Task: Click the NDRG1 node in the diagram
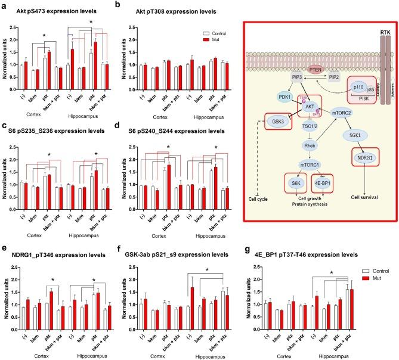tap(360, 159)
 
